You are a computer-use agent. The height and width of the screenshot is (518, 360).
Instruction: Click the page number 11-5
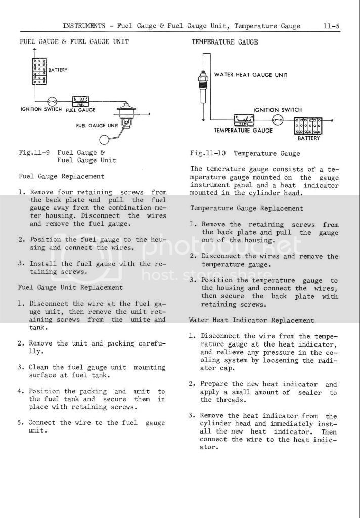coord(331,26)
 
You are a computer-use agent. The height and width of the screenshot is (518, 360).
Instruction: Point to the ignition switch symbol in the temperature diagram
coord(277,120)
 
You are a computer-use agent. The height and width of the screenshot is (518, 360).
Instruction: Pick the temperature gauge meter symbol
coord(243,121)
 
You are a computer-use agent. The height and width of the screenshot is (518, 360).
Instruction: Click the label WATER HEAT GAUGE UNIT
coord(250,75)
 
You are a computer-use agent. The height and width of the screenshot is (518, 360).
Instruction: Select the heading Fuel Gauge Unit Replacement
coord(70,287)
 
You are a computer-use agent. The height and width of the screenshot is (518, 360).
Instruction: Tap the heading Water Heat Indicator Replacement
coord(252,320)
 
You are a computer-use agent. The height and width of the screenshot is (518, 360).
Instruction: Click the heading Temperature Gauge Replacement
coord(247,208)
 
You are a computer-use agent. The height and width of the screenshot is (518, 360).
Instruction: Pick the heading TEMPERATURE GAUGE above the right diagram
coord(224,42)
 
